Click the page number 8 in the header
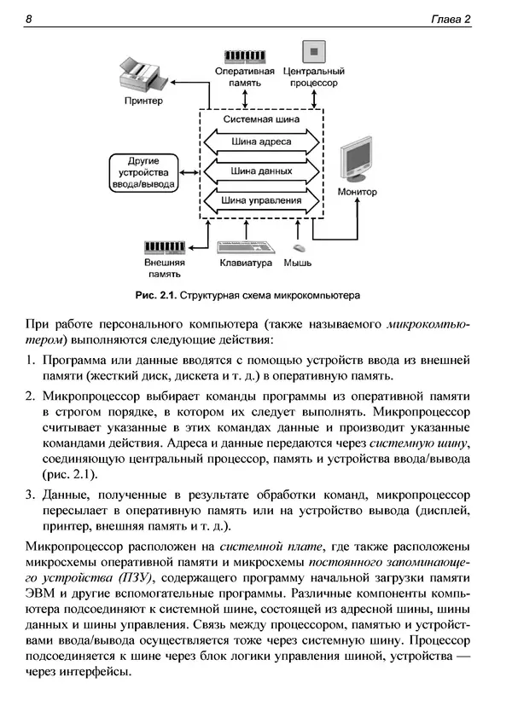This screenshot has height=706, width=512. [x=29, y=20]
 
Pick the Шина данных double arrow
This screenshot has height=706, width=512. [x=261, y=171]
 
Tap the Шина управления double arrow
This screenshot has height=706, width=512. [x=261, y=201]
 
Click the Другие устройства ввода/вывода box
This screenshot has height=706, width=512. [x=143, y=171]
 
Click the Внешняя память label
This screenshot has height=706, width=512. [x=163, y=269]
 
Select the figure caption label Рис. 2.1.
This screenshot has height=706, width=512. [x=154, y=296]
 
